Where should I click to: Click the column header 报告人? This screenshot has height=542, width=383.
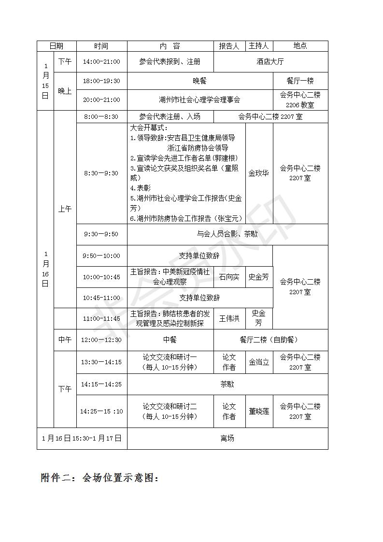[x=229, y=46]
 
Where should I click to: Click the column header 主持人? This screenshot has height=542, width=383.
[x=259, y=46]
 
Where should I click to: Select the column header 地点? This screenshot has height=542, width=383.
[x=300, y=46]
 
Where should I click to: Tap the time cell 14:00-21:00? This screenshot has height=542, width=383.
[x=101, y=62]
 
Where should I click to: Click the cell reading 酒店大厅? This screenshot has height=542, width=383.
[x=270, y=62]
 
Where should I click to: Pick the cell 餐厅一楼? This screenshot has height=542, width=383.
[x=300, y=81]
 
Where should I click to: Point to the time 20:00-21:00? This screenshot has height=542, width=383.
[x=101, y=100]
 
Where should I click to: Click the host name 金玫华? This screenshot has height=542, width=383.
[x=259, y=173]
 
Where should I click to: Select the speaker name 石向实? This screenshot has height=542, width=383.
[x=229, y=277]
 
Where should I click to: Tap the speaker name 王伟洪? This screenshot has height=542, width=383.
[x=229, y=318]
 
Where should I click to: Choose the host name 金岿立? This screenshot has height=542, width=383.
[x=259, y=362]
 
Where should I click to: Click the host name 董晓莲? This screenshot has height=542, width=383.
[x=259, y=411]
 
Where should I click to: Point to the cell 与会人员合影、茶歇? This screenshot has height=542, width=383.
[x=227, y=234]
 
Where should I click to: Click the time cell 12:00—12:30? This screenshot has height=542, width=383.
[x=101, y=340]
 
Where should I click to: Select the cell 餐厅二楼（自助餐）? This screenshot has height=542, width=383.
[x=270, y=340]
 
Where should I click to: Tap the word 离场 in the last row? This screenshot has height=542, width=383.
[x=227, y=438]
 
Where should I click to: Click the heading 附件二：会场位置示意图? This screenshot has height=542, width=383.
[x=100, y=478]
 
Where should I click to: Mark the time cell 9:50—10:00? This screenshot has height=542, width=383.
[x=101, y=256]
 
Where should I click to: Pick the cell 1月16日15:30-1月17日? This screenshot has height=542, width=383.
[x=82, y=438]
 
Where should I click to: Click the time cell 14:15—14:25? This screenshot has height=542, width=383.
[x=101, y=385]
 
